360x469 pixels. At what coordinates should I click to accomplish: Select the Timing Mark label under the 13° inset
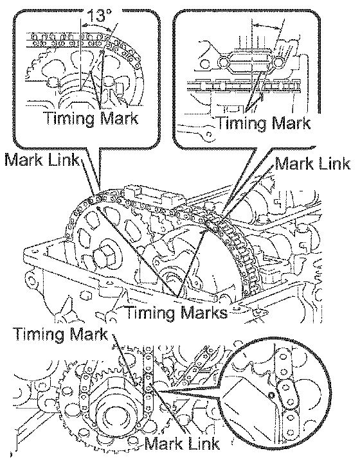92,119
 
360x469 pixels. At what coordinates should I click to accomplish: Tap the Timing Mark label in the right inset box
263,123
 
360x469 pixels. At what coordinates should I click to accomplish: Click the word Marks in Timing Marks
204,313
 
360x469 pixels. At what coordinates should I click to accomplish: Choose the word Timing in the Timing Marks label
152,314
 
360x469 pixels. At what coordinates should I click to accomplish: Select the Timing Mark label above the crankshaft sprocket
60,334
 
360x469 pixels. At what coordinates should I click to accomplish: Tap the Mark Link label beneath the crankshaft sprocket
182,443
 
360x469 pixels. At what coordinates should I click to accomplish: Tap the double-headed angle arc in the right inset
267,26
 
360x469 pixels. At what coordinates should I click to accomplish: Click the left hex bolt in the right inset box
223,62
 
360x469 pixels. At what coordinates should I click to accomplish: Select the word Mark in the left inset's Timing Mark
119,118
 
